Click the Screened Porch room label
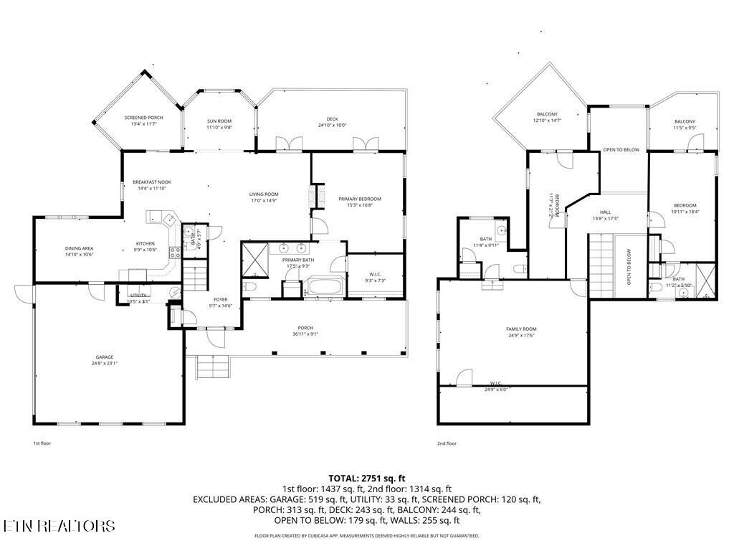(x=143, y=121)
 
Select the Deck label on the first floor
(x=332, y=122)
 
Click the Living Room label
(x=264, y=197)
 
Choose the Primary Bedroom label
(x=360, y=202)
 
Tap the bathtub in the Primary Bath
(x=326, y=288)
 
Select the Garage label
(x=105, y=360)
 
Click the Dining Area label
(x=79, y=251)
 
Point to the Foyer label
(x=221, y=303)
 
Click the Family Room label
(x=521, y=332)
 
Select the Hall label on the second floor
(x=606, y=215)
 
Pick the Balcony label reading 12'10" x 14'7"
(x=547, y=118)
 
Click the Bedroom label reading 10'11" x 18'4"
(x=684, y=208)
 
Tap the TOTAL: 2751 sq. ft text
(x=367, y=478)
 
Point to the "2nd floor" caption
(x=447, y=443)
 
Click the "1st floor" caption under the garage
(x=42, y=443)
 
